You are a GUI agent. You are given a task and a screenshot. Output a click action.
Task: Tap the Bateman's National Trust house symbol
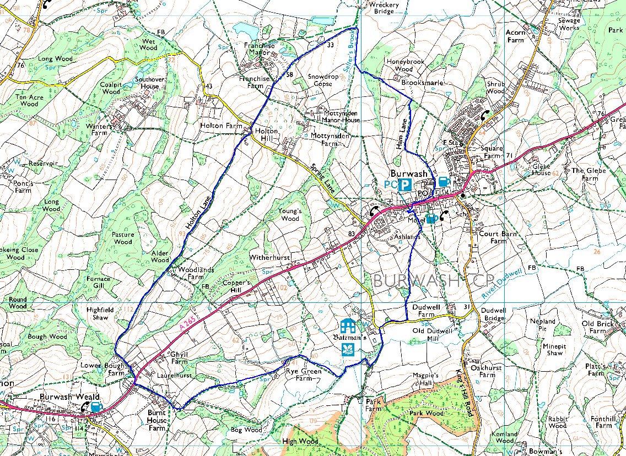point(348,325)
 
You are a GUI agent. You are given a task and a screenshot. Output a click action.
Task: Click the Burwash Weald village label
point(69,397)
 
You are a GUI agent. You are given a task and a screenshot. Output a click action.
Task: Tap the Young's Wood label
point(289,215)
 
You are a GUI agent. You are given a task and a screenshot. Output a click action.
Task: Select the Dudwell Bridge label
point(493,314)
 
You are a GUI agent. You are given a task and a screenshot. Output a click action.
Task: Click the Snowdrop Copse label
point(323,80)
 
